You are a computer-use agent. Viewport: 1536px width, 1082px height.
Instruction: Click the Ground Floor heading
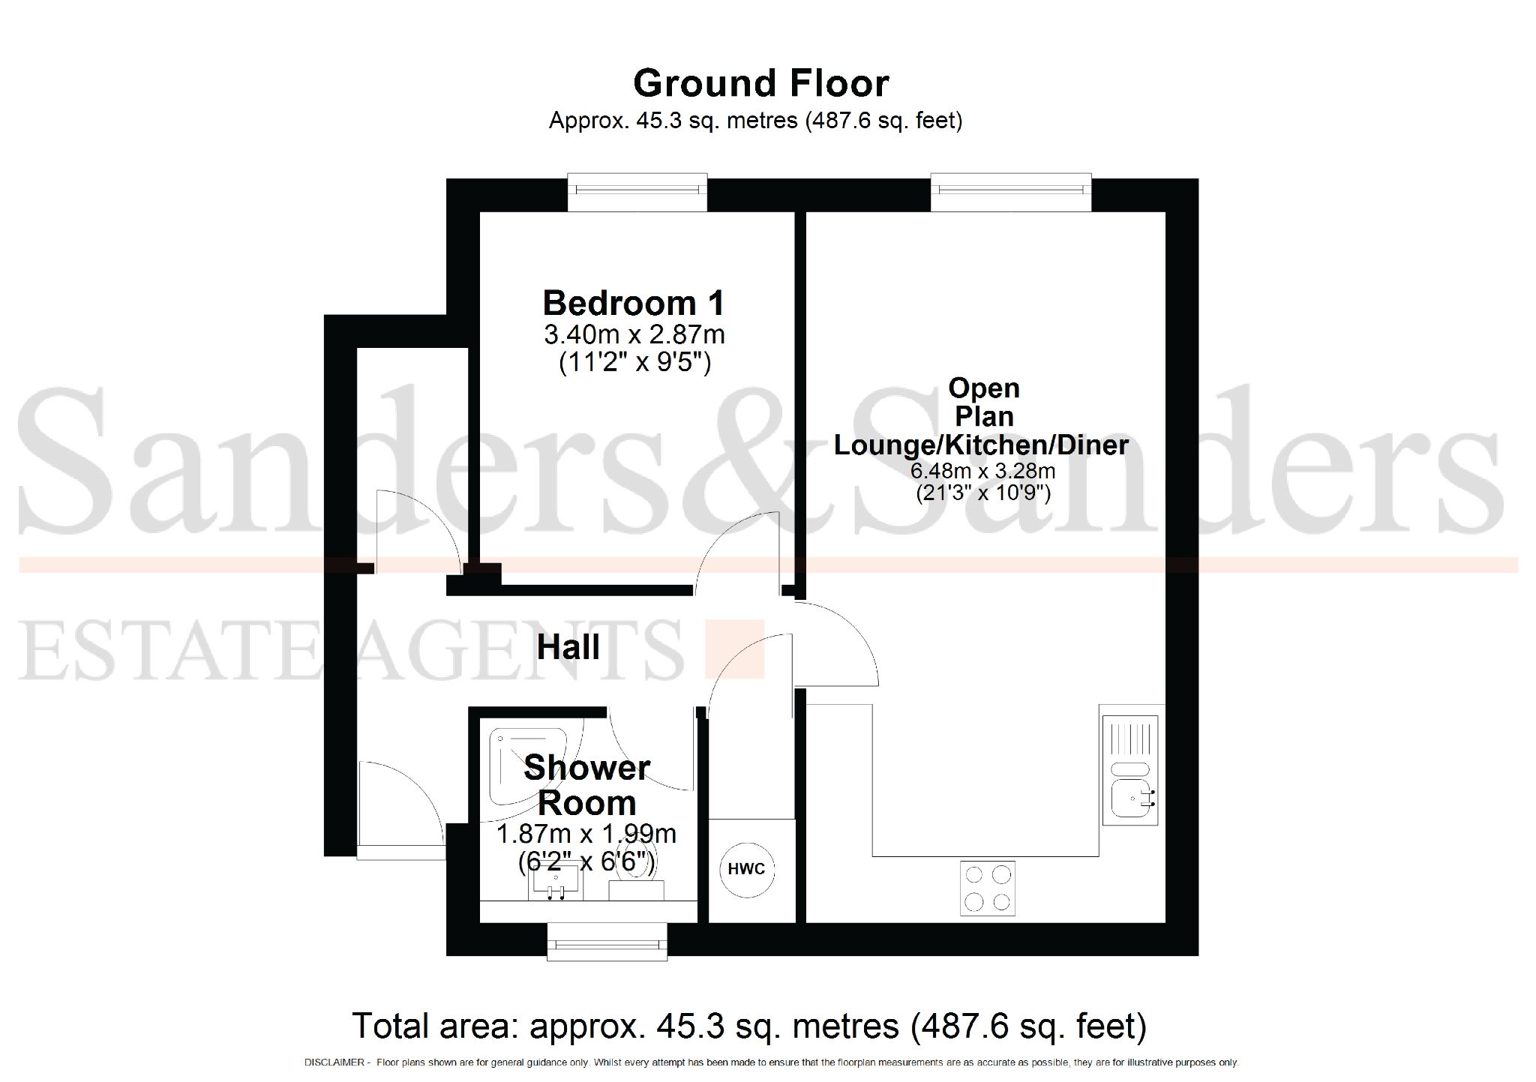760,83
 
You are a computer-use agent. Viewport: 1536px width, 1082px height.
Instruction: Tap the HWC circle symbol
746,869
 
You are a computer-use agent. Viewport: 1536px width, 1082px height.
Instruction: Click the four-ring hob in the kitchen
987,889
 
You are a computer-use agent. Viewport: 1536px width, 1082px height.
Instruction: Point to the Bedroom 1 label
634,303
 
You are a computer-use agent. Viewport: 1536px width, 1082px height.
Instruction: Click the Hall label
568,647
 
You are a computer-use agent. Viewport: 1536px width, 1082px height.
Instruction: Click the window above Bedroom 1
637,193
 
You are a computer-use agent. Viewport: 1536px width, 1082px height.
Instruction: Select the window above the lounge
1010,193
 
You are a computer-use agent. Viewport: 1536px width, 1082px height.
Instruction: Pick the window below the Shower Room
607,942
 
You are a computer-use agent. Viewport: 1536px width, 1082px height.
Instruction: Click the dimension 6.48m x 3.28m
982,472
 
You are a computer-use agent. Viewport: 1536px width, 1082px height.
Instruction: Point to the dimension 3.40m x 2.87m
634,334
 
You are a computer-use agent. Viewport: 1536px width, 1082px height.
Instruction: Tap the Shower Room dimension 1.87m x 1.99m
586,834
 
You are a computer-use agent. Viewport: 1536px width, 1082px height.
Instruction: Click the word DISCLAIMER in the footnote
334,1063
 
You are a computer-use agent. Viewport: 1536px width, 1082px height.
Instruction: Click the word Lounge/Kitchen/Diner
981,445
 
